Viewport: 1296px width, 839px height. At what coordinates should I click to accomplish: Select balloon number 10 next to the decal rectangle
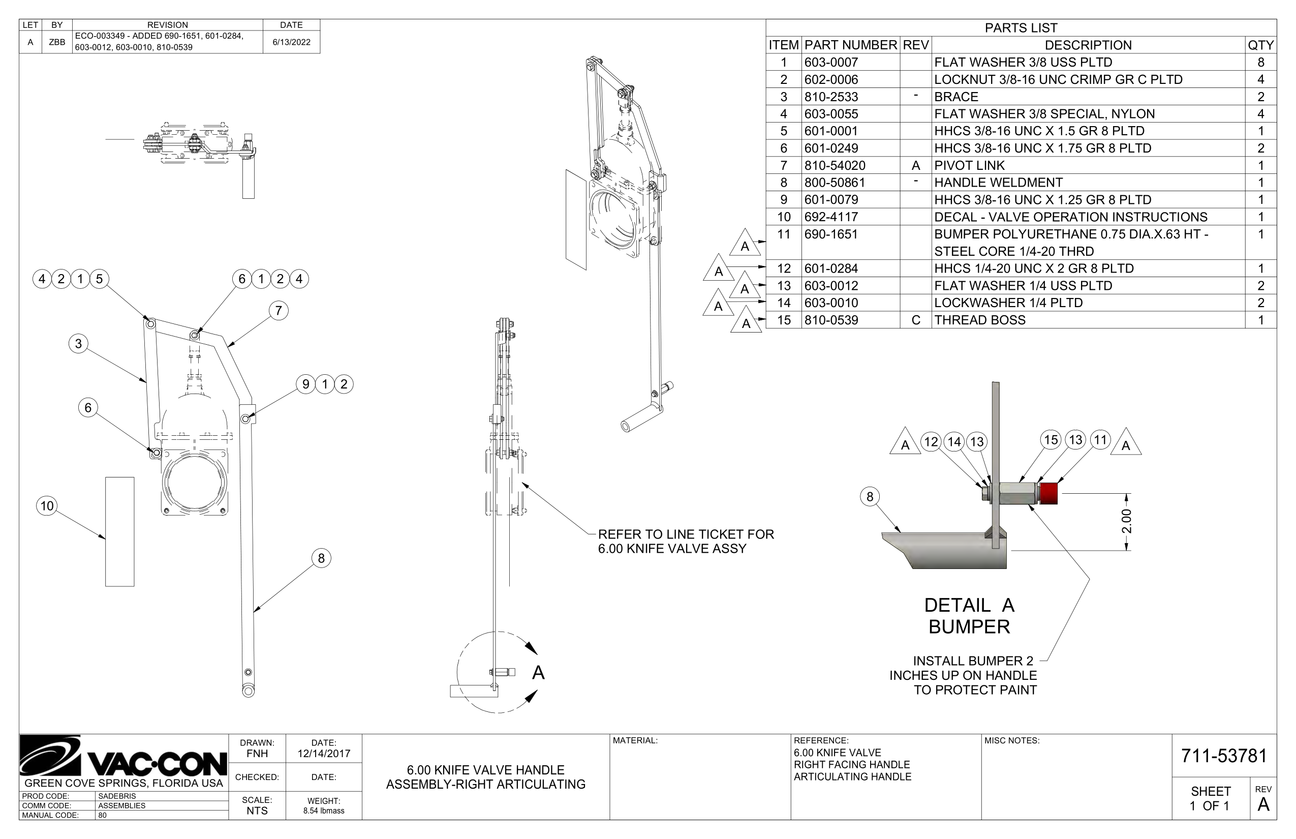click(47, 505)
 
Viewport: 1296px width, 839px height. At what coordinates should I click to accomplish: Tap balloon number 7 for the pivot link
click(279, 311)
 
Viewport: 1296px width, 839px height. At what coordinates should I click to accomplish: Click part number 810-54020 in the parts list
click(834, 165)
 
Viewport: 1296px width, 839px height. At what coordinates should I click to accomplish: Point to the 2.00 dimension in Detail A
click(1127, 521)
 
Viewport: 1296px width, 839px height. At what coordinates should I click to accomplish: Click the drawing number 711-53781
click(1224, 756)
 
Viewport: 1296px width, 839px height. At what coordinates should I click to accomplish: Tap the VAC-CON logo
click(123, 757)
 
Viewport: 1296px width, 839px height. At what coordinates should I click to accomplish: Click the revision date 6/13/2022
click(291, 42)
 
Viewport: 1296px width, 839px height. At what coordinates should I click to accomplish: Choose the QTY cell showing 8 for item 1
click(1260, 62)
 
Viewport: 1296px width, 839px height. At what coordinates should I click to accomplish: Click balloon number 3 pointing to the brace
click(78, 343)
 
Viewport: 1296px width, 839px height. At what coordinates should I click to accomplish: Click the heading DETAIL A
click(969, 605)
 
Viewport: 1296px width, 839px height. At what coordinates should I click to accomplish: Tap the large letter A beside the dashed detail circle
click(538, 673)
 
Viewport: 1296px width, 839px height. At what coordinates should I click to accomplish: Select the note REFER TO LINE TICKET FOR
click(686, 534)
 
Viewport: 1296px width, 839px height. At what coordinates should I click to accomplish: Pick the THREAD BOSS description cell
click(980, 320)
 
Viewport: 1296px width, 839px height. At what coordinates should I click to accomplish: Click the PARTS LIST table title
click(1021, 28)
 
